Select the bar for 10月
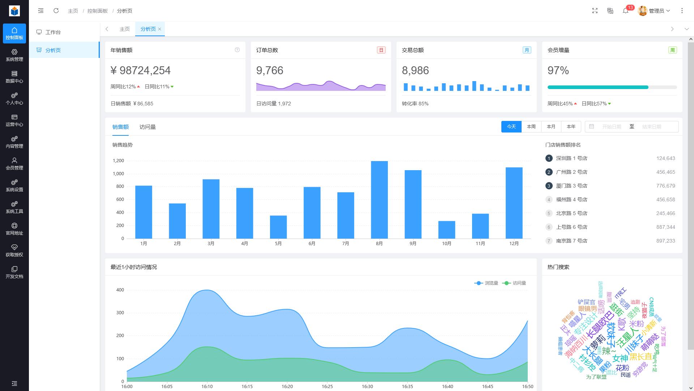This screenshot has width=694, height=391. pyautogui.click(x=446, y=230)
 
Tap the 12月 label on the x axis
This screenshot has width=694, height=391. pyautogui.click(x=514, y=244)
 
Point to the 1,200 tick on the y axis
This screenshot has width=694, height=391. pyautogui.click(x=118, y=161)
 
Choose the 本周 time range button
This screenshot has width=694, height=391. pyautogui.click(x=531, y=127)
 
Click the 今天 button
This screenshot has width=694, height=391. pyautogui.click(x=511, y=127)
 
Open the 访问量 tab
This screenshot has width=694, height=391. pyautogui.click(x=147, y=127)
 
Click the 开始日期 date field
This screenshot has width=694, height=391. pyautogui.click(x=611, y=127)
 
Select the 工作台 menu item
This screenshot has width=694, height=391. pyautogui.click(x=53, y=32)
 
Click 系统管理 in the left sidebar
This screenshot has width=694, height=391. pyautogui.click(x=14, y=55)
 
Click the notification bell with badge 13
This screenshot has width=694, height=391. pyautogui.click(x=626, y=11)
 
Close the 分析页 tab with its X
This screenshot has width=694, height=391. pyautogui.click(x=159, y=29)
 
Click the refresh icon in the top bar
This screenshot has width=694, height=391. pyautogui.click(x=56, y=11)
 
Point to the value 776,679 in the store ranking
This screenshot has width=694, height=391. pyautogui.click(x=665, y=186)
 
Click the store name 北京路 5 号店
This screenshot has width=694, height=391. pyautogui.click(x=571, y=213)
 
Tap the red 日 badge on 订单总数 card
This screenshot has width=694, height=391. pyautogui.click(x=381, y=50)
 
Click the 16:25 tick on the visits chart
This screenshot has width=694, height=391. pyautogui.click(x=327, y=386)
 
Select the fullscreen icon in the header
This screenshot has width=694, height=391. pyautogui.click(x=595, y=11)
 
